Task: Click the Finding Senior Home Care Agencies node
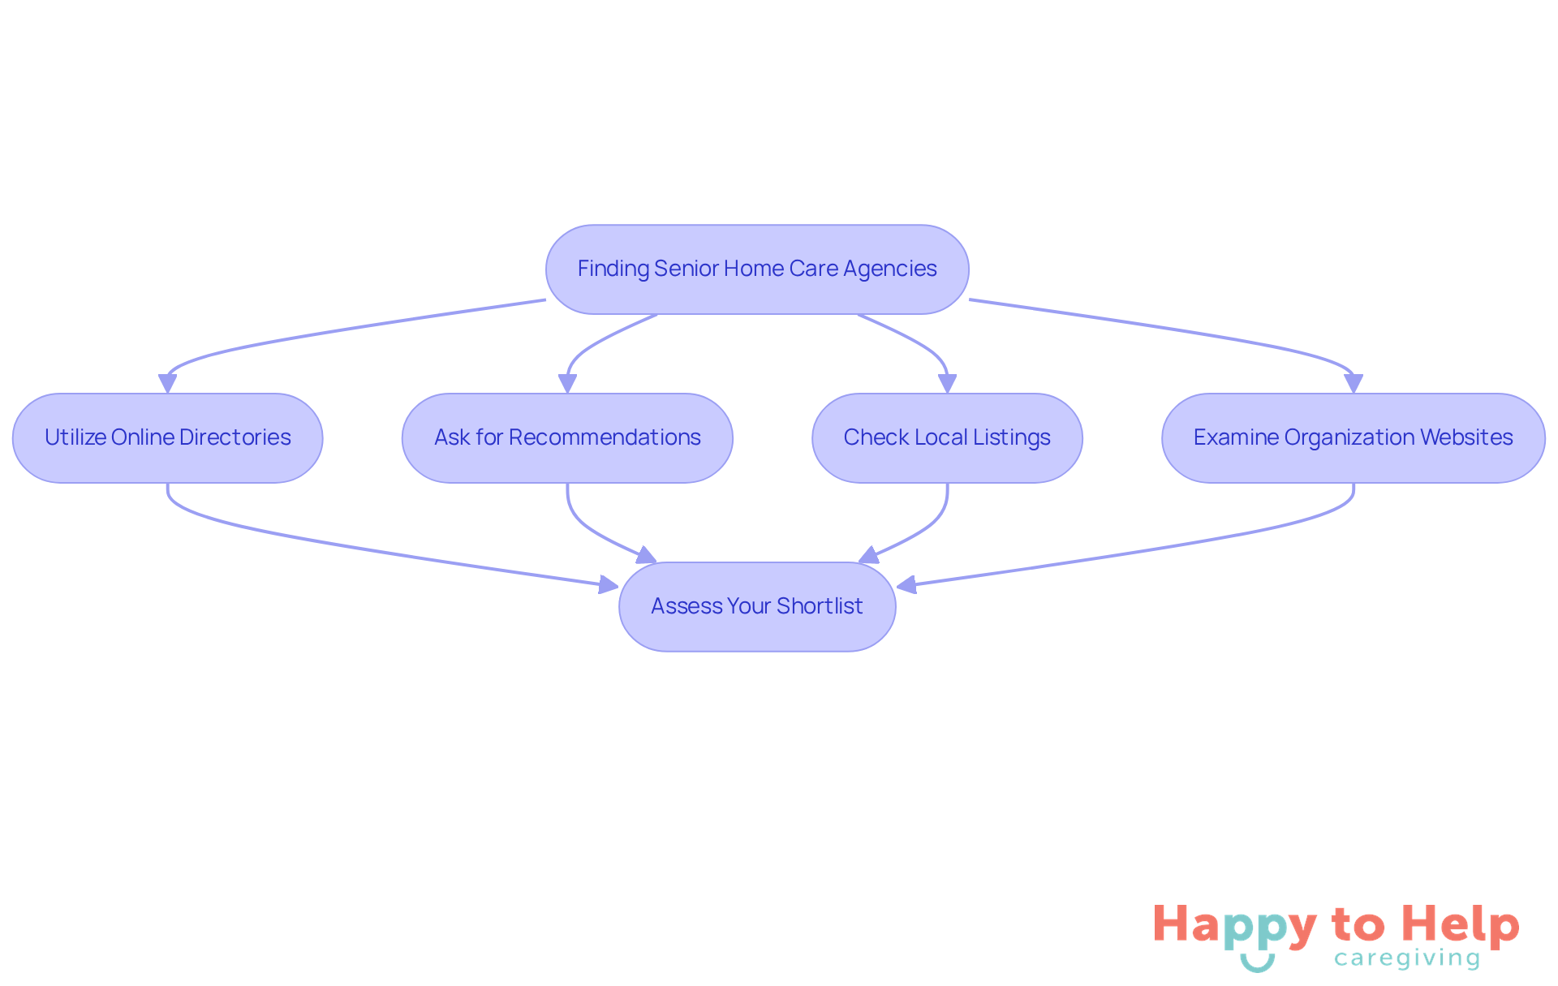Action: click(x=757, y=269)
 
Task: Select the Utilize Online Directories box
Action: click(x=168, y=438)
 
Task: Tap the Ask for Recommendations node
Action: click(x=567, y=438)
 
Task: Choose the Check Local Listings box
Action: click(x=947, y=438)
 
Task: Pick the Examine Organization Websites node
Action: click(x=1354, y=438)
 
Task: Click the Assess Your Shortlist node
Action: click(x=757, y=607)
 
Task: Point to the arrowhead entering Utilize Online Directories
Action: click(x=168, y=384)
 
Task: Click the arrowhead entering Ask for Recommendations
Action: click(x=567, y=384)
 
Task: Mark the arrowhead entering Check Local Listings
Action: click(x=947, y=384)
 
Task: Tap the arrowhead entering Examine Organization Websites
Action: click(x=1354, y=384)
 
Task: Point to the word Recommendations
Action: click(x=605, y=437)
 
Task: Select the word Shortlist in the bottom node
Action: click(x=820, y=606)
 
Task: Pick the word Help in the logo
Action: click(x=1461, y=925)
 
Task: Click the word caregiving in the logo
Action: click(x=1407, y=959)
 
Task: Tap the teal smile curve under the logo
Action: click(x=1258, y=963)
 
